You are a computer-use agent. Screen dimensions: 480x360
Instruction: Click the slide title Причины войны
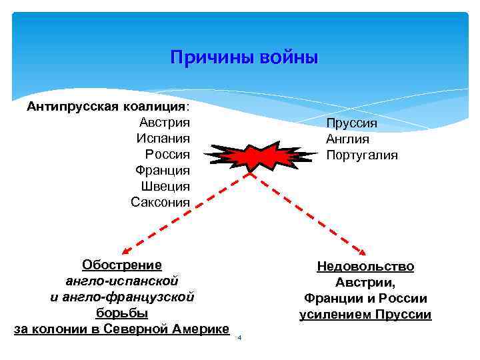244,57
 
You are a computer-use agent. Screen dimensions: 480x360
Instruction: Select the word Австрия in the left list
165,122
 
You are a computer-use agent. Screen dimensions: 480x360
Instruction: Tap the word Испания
163,138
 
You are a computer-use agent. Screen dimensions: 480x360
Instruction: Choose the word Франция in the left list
162,170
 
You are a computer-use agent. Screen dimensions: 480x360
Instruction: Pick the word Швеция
165,186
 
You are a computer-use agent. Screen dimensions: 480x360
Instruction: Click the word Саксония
160,202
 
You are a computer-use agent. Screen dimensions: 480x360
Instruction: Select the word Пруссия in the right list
351,123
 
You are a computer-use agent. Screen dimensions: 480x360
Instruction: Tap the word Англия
347,139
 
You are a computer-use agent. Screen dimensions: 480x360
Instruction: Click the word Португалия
361,155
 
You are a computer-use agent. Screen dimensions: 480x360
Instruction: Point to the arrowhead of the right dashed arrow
364,253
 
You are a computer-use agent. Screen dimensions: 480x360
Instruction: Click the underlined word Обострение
122,265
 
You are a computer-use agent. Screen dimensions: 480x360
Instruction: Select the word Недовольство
365,267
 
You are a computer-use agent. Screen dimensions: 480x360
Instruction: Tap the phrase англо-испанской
122,281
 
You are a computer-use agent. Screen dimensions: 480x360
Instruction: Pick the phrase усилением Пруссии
365,315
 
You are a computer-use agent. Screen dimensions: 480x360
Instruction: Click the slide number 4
239,338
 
